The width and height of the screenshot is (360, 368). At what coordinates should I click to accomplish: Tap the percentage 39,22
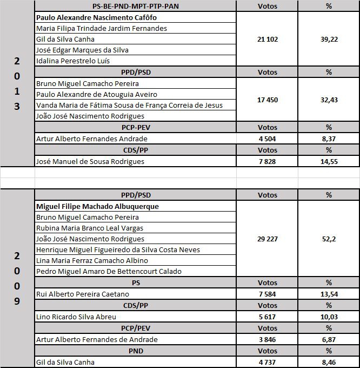329,39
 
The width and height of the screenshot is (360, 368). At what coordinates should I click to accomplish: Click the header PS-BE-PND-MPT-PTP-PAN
136,6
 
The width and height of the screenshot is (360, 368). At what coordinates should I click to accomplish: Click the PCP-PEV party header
136,128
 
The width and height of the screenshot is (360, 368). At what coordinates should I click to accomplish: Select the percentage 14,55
329,161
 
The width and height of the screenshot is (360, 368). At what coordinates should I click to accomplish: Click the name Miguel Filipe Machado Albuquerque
97,206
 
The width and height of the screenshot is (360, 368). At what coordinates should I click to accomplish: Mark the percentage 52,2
329,239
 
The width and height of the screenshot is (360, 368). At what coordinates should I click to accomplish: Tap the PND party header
136,351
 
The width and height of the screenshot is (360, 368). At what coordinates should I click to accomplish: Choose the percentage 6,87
329,339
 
